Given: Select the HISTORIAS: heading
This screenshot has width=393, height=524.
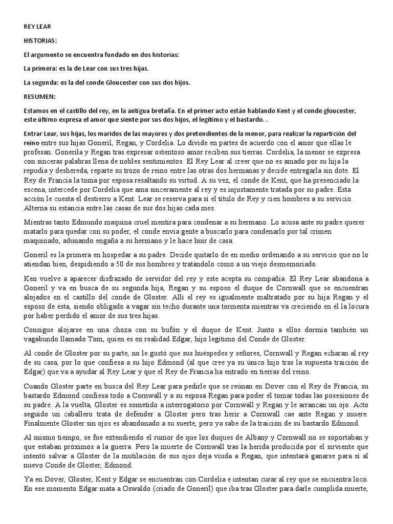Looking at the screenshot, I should [x=41, y=41].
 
